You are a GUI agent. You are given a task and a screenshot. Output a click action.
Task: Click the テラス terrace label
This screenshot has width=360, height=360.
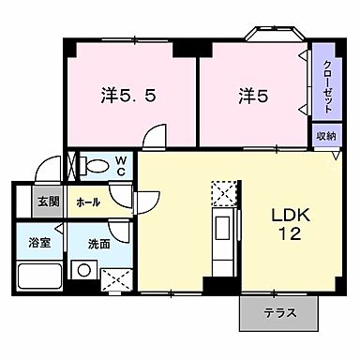[x=278, y=313]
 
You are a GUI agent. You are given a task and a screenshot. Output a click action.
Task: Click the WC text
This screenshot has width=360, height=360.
[x=121, y=165]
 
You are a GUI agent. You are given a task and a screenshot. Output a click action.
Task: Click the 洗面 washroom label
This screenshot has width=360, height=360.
[x=99, y=244]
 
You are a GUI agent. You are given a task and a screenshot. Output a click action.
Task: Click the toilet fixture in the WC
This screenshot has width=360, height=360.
[x=95, y=167]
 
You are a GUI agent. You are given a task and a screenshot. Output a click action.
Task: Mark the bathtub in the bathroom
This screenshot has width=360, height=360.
[x=38, y=277]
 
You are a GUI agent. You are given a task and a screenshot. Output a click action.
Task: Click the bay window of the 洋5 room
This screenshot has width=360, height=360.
[x=275, y=36]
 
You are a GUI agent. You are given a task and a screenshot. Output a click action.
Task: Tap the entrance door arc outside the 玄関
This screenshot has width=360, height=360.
[x=41, y=171]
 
